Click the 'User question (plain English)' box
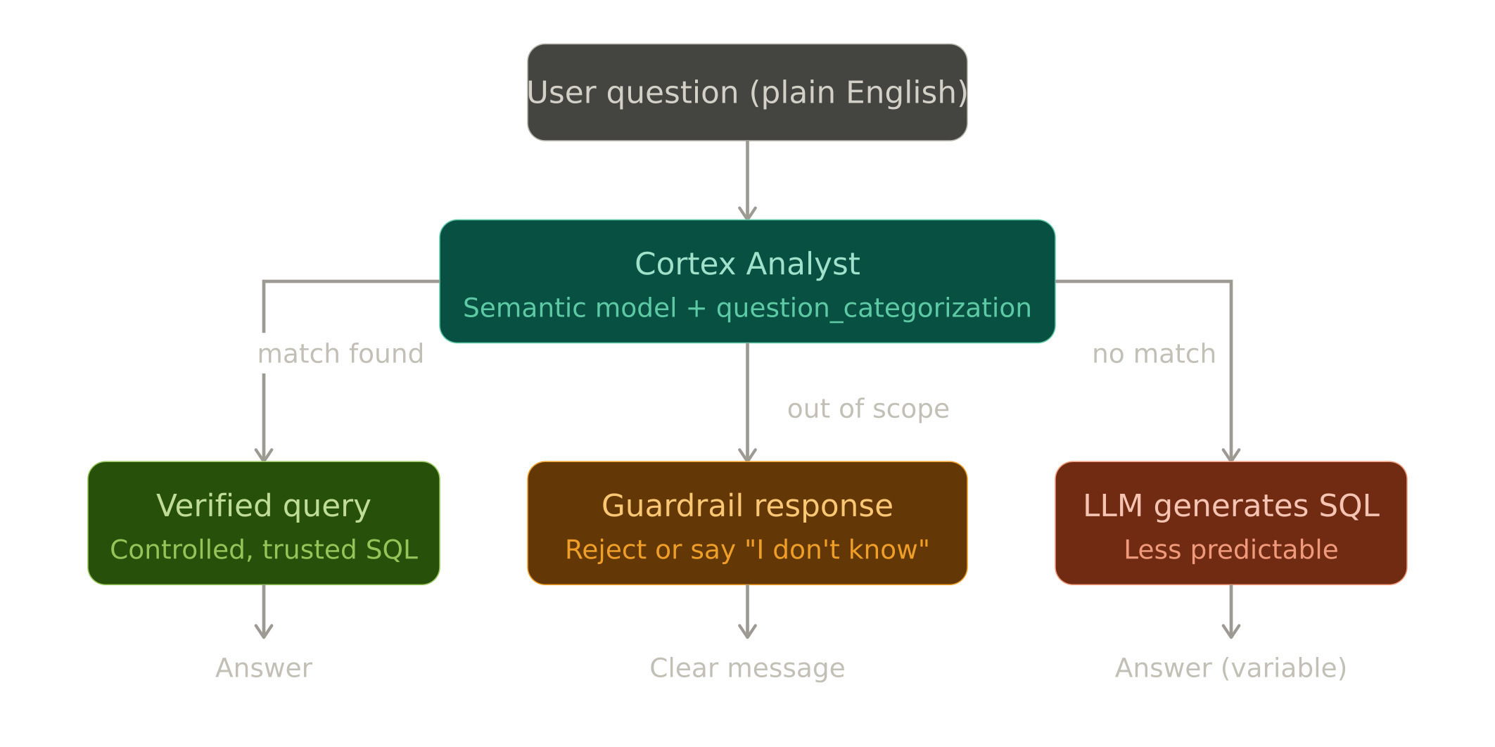tap(747, 92)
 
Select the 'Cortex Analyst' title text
tap(747, 264)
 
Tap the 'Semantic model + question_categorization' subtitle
tap(747, 308)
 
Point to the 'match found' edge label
tap(341, 354)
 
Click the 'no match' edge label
tap(1154, 354)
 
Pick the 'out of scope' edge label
tap(868, 409)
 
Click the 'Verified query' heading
tap(263, 506)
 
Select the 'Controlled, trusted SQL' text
tap(264, 549)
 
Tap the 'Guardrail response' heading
tap(747, 506)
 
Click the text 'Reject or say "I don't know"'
tap(747, 549)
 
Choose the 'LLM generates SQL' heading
tap(1231, 506)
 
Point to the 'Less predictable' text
tap(1231, 549)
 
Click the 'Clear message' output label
tap(747, 668)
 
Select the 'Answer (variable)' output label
tap(1231, 668)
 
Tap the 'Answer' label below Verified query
tap(264, 668)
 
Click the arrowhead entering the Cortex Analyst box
tap(747, 213)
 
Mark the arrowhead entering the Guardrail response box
tap(747, 455)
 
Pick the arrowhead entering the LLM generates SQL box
tap(1231, 455)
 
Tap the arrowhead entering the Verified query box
tap(264, 455)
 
